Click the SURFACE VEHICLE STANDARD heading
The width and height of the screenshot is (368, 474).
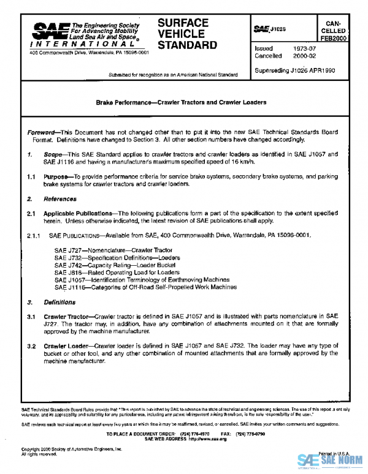pyautogui.click(x=187, y=34)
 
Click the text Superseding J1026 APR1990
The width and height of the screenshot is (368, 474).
pyautogui.click(x=295, y=70)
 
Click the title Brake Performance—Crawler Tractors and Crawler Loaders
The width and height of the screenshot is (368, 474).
pyautogui.click(x=181, y=102)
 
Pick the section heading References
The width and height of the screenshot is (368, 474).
pyautogui.click(x=60, y=199)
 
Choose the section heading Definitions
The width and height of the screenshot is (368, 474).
pyautogui.click(x=59, y=303)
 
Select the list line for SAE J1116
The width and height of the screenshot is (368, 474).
pyautogui.click(x=145, y=287)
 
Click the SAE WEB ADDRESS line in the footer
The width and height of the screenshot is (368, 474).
pyautogui.click(x=186, y=438)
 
